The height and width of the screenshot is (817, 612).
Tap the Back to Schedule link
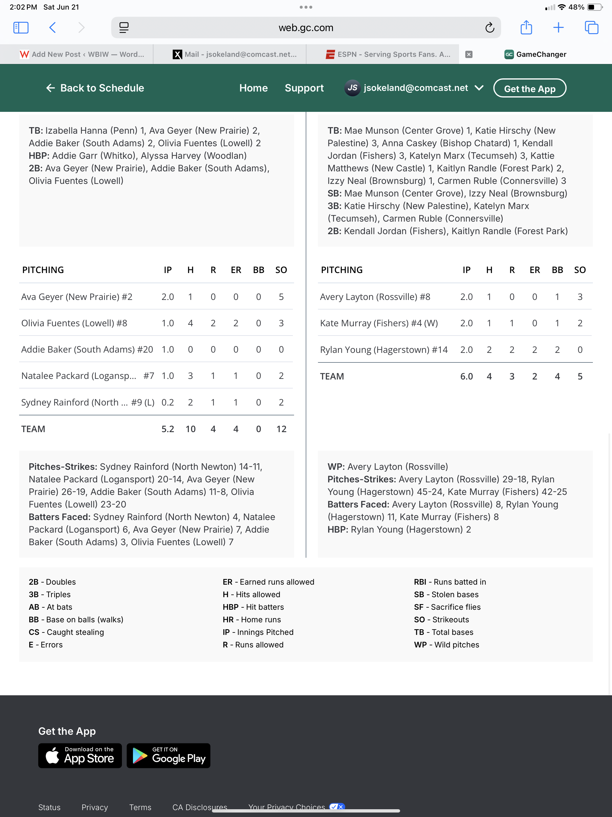(95, 88)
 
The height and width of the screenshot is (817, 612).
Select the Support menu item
(304, 88)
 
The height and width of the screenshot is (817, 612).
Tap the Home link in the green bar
(253, 88)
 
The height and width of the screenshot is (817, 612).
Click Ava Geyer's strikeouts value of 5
(281, 297)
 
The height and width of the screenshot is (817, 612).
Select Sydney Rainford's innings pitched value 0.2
(168, 402)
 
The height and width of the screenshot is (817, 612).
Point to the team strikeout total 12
(281, 429)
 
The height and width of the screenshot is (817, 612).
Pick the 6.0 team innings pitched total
(466, 377)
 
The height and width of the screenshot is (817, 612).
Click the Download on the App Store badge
(80, 755)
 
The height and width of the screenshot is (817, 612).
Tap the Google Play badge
(168, 755)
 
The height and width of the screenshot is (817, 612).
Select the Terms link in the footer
(140, 807)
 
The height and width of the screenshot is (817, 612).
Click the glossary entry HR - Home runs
(252, 619)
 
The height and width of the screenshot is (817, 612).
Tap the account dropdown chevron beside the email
(479, 88)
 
